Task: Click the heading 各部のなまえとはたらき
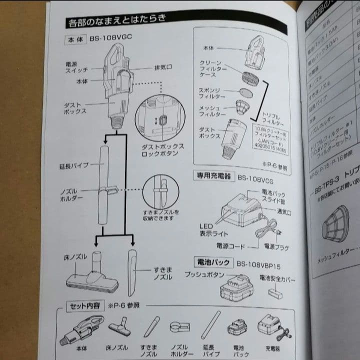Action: pyautogui.click(x=116, y=22)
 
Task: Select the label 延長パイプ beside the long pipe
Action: pyautogui.click(x=73, y=165)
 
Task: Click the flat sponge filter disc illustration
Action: pyautogui.click(x=245, y=93)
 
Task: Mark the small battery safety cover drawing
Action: pyautogui.click(x=275, y=293)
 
